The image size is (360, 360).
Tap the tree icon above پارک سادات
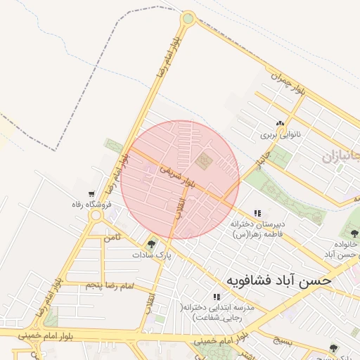tap(151, 245)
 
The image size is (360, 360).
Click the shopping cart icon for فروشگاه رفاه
tap(92, 194)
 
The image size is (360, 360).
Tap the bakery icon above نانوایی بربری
tap(280, 124)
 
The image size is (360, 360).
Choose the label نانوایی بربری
tap(280, 134)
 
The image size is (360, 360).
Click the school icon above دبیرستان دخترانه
tap(257, 213)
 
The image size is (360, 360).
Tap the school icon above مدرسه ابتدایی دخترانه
tap(216, 297)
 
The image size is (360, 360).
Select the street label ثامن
tap(113, 238)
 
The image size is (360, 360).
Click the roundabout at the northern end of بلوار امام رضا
tap(188, 18)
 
